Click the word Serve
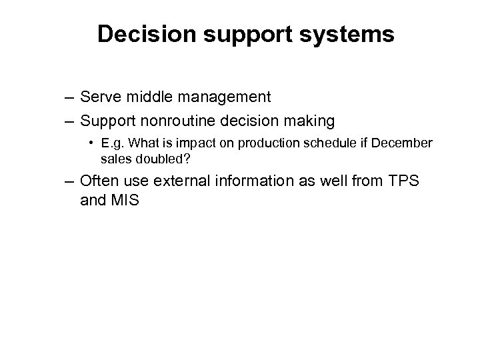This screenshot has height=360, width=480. (x=99, y=97)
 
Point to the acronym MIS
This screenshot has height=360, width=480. (x=125, y=199)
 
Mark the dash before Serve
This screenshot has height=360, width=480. (x=69, y=98)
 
